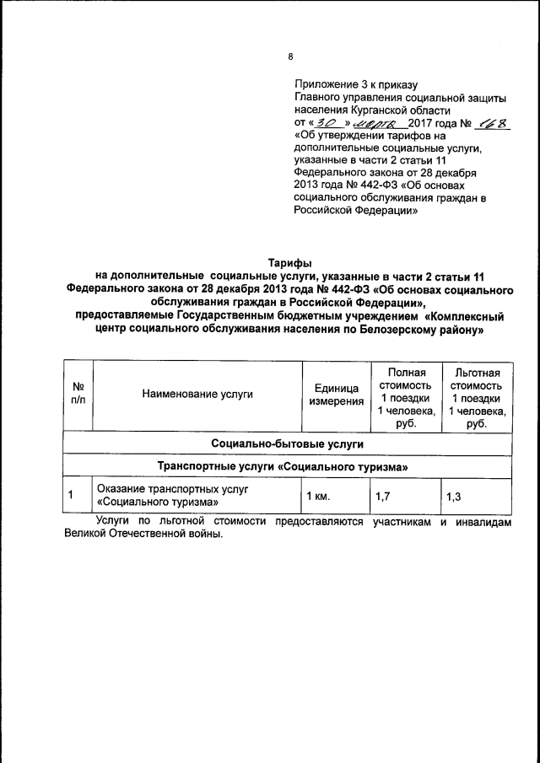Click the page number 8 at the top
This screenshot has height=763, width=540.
click(290, 57)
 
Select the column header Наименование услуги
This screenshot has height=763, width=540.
click(197, 393)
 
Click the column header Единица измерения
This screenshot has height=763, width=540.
click(336, 394)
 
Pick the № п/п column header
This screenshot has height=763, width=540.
click(78, 393)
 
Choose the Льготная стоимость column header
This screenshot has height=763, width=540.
click(476, 394)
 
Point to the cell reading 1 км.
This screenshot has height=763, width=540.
click(318, 496)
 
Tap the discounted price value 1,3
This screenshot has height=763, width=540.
click(453, 496)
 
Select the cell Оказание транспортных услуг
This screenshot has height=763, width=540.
click(162, 489)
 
